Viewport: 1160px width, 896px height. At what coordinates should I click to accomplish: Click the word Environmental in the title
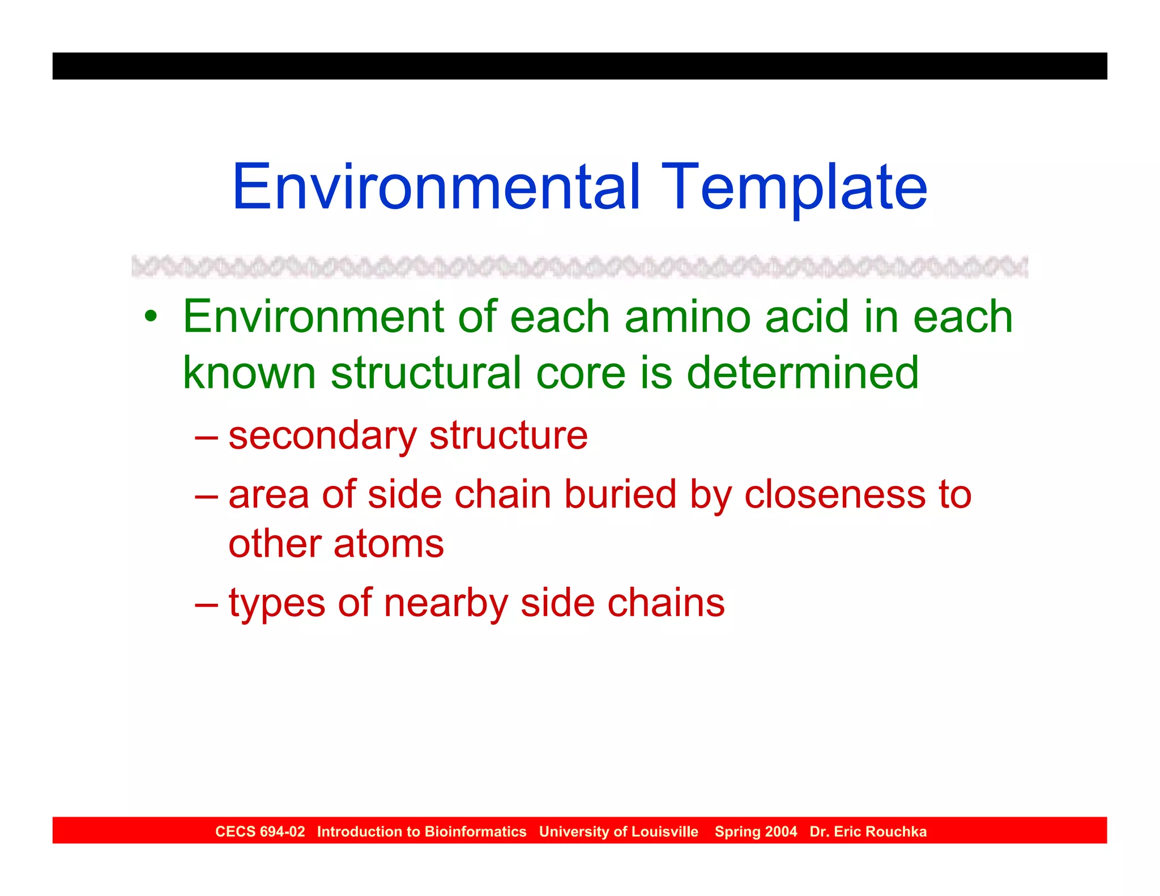click(436, 187)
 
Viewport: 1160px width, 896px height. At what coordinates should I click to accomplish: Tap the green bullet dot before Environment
click(150, 316)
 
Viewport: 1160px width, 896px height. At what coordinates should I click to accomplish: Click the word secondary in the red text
click(322, 436)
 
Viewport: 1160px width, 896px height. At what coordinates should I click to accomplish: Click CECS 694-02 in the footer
click(260, 831)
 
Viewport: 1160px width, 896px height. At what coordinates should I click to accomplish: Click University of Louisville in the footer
click(619, 831)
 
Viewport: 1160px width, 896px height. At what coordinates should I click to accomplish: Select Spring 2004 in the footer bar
click(756, 831)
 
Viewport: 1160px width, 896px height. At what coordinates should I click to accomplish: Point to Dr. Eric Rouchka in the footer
click(868, 831)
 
